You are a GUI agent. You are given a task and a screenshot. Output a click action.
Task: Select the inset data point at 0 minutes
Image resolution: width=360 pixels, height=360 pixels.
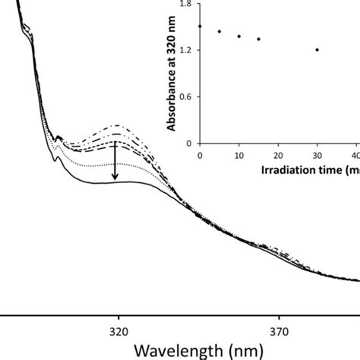tap(200, 27)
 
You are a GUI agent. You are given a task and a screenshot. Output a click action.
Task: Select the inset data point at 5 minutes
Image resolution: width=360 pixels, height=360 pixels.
tap(219, 32)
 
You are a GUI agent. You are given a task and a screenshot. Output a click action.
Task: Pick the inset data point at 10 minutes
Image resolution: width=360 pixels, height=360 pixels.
tap(239, 36)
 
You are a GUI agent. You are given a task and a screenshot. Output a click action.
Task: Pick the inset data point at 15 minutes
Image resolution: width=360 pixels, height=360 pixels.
tap(259, 39)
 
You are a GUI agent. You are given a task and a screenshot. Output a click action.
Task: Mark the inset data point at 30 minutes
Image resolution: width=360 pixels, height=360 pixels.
tap(317, 50)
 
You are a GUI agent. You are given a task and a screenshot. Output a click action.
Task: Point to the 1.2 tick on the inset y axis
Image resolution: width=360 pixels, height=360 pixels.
tap(185, 50)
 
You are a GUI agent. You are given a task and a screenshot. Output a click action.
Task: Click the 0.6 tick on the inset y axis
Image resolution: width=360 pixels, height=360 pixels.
tap(185, 96)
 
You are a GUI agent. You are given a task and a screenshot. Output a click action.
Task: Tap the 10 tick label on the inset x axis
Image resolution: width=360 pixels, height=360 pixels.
tap(239, 155)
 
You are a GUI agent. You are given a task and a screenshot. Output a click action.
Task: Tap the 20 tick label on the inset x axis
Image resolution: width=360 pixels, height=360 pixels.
tap(279, 155)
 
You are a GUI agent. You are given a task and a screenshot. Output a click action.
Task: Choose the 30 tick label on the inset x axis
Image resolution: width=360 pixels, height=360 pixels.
tap(317, 155)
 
